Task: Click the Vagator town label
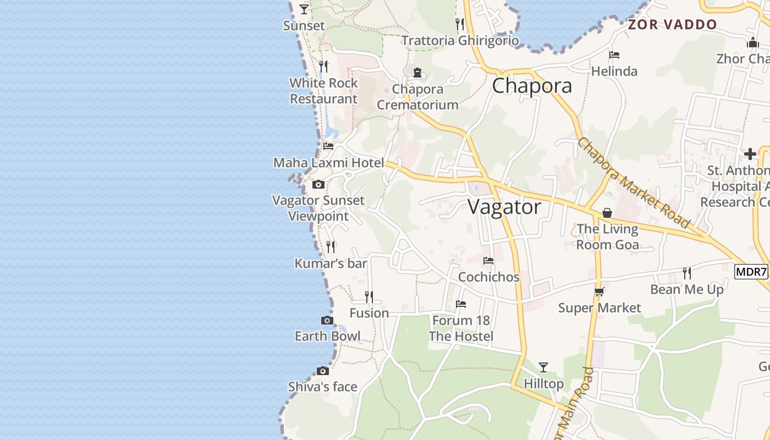(x=504, y=207)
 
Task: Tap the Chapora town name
(x=532, y=86)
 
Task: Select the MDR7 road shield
(x=751, y=272)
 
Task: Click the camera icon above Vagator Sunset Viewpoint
(x=318, y=185)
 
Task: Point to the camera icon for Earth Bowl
(x=327, y=321)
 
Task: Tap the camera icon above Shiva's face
(x=323, y=371)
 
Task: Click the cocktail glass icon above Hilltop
(x=543, y=367)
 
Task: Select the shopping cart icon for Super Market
(x=599, y=292)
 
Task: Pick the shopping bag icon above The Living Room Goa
(x=607, y=213)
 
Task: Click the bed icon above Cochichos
(x=488, y=261)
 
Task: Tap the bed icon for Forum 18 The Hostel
(x=461, y=304)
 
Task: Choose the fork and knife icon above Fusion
(x=369, y=297)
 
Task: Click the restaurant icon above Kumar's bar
(x=331, y=247)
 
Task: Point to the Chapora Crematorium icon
(x=417, y=73)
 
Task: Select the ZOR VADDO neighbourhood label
(x=673, y=25)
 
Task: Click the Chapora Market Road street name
(x=633, y=183)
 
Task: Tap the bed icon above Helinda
(x=614, y=55)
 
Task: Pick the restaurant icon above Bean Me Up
(x=687, y=273)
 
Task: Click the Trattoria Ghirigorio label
(x=460, y=41)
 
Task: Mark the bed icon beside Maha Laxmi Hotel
(x=328, y=146)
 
